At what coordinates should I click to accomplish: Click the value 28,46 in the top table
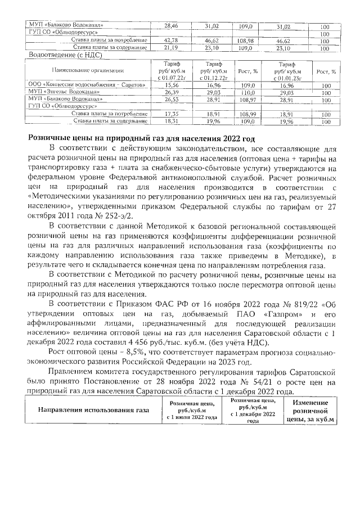tap(170, 26)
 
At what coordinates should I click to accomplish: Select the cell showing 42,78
tap(170, 40)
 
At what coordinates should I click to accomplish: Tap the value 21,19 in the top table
tap(170, 48)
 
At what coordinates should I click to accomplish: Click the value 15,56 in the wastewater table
tap(170, 85)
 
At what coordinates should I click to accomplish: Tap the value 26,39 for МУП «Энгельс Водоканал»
tap(170, 92)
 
